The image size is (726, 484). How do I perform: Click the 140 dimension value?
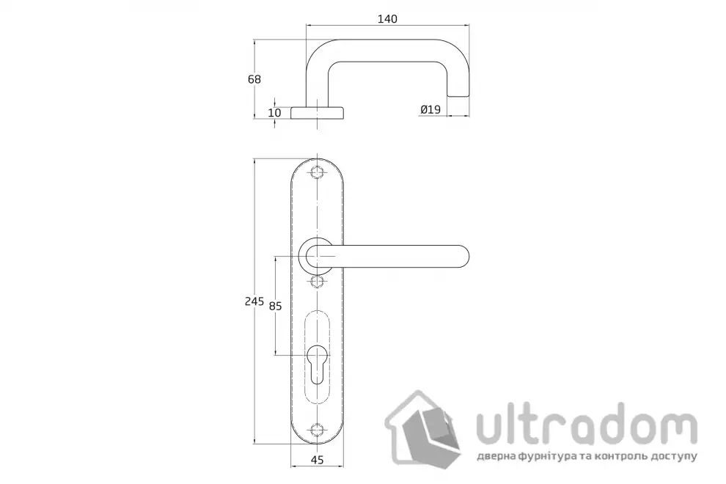pos(387,19)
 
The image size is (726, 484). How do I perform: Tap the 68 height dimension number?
pos(254,79)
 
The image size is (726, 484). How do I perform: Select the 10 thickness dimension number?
pos(274,112)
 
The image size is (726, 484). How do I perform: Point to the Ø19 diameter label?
pos(430,109)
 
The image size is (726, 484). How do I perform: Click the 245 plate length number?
pos(254,301)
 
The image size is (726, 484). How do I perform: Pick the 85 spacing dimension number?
pos(276,306)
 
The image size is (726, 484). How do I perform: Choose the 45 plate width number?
pos(317,460)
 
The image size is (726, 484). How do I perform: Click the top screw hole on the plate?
pos(317,172)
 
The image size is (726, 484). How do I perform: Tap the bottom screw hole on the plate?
pos(317,429)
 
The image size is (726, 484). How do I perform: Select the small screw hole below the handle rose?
pos(317,281)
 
